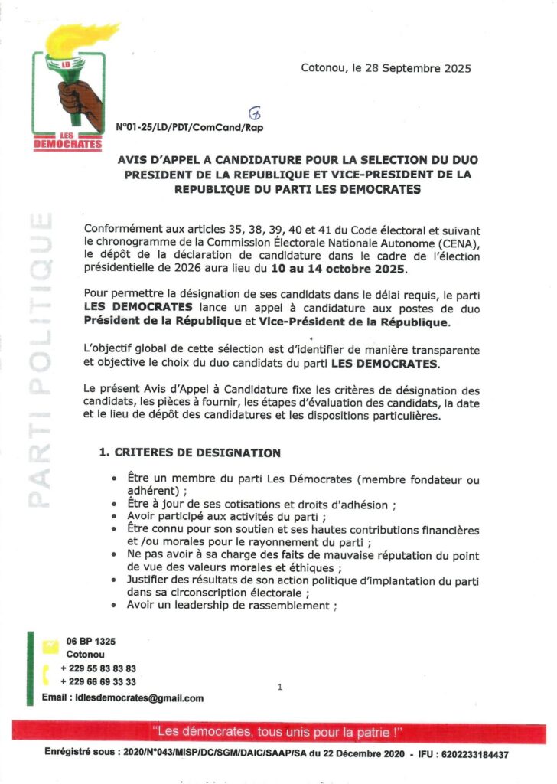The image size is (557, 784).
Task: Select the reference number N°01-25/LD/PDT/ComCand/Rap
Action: pyautogui.click(x=189, y=127)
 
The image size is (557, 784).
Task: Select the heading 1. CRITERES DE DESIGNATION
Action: pyautogui.click(x=190, y=452)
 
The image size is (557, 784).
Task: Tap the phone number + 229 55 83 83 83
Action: pyautogui.click(x=97, y=668)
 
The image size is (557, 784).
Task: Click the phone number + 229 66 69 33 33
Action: pyautogui.click(x=97, y=681)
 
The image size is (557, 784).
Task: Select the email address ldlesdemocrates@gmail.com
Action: pyautogui.click(x=136, y=697)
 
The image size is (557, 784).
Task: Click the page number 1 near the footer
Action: pyautogui.click(x=280, y=688)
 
